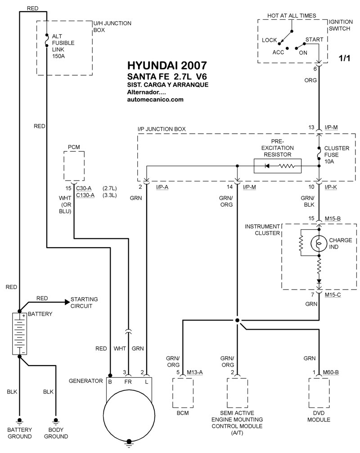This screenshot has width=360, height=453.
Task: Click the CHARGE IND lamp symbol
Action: pos(319,244)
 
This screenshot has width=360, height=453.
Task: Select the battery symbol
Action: pos(19,334)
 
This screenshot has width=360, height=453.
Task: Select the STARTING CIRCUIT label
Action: pos(84,303)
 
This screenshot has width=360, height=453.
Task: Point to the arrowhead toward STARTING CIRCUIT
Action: pos(67,301)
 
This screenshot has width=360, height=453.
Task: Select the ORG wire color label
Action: pos(311,81)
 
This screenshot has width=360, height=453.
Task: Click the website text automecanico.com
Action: pos(156,100)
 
